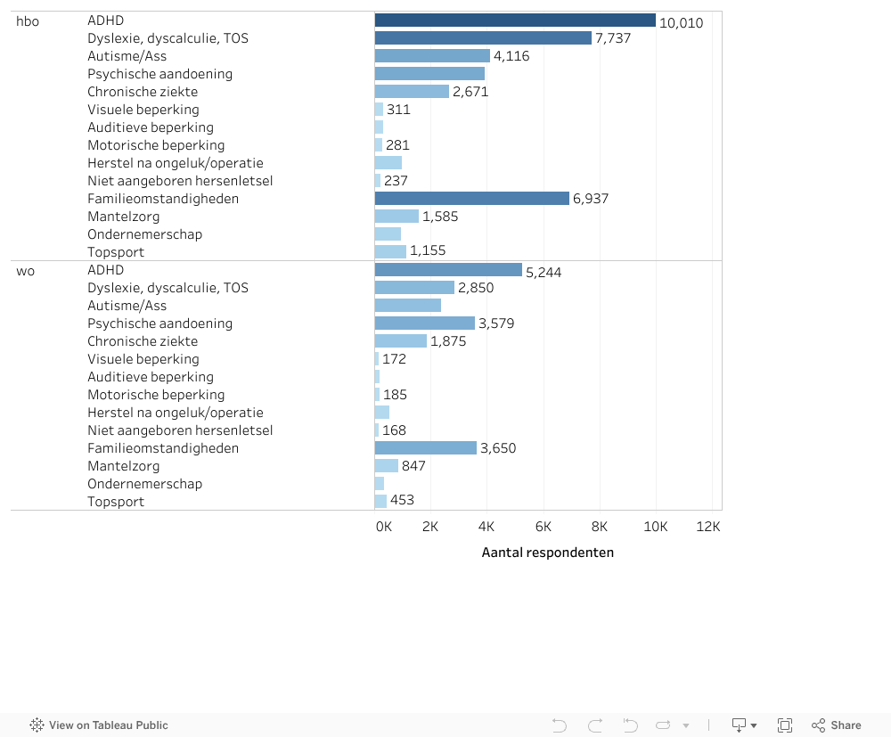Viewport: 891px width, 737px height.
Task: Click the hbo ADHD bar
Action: [x=515, y=20]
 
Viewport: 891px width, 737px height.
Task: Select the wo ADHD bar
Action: [x=448, y=270]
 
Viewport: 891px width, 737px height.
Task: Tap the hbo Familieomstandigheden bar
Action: [x=472, y=199]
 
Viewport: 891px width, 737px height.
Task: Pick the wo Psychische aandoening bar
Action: [x=425, y=323]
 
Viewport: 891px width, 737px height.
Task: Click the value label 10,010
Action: [x=682, y=22]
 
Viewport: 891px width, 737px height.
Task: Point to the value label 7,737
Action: [x=613, y=38]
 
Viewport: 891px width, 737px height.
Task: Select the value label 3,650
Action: [x=498, y=448]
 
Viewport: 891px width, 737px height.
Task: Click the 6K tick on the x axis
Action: [x=543, y=527]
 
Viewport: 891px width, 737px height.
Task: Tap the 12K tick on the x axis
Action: [x=708, y=527]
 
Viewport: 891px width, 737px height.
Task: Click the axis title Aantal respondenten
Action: [x=547, y=553]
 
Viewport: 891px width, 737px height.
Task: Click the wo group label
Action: [x=25, y=270]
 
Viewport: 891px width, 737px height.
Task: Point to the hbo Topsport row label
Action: [x=116, y=252]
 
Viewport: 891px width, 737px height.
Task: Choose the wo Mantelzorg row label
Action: [x=124, y=466]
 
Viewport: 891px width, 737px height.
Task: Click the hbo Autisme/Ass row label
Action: [x=127, y=56]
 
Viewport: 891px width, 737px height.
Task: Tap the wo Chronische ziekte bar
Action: [x=401, y=341]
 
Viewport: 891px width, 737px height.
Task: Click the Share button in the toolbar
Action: [x=837, y=725]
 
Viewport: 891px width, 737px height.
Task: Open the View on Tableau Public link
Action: [x=99, y=725]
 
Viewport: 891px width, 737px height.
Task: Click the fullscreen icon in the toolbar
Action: [x=785, y=725]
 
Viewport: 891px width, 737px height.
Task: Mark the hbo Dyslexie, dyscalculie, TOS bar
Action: [x=483, y=38]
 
